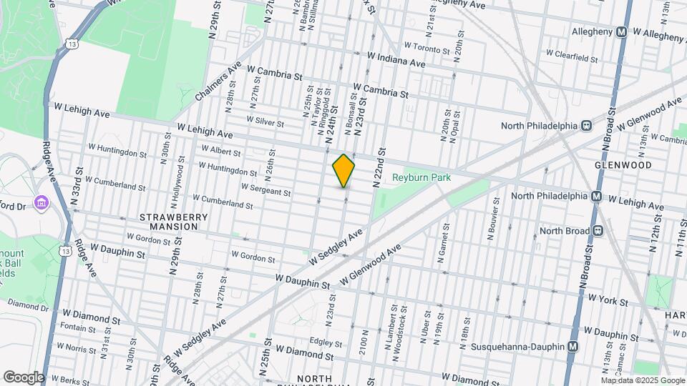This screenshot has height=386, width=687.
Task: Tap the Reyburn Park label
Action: tap(422, 177)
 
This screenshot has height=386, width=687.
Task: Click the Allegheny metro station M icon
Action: tap(622, 32)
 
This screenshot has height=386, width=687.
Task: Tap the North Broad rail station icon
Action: tap(597, 230)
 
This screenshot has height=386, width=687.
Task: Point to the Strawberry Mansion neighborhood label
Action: tap(169, 222)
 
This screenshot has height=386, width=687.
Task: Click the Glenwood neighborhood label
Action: tap(623, 165)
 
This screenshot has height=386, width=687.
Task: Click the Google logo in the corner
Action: tap(23, 377)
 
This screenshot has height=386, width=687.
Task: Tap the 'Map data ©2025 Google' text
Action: tap(642, 380)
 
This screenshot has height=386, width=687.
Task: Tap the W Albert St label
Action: tap(221, 150)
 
